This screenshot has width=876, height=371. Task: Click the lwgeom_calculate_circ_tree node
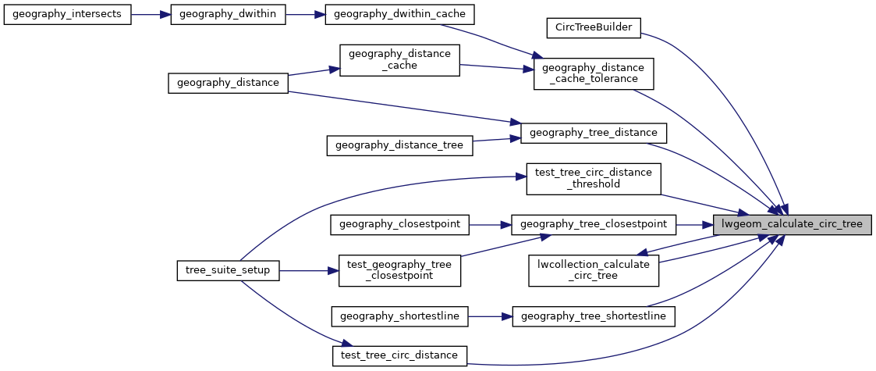(x=793, y=224)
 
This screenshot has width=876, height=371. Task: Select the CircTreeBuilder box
(x=593, y=27)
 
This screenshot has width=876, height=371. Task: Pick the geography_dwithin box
(x=226, y=16)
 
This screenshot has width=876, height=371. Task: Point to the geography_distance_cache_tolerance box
(x=593, y=73)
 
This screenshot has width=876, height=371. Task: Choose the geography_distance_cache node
(x=399, y=59)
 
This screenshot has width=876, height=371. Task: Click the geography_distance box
(x=229, y=82)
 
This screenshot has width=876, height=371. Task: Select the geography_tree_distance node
(x=593, y=133)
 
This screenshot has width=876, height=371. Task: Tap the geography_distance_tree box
(x=399, y=144)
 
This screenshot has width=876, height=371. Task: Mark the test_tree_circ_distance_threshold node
(x=593, y=178)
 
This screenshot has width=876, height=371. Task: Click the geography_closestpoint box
(x=399, y=224)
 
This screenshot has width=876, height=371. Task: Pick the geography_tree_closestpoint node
(x=593, y=224)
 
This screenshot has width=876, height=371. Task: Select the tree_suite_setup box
(x=227, y=270)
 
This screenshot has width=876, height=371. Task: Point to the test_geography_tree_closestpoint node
(x=399, y=270)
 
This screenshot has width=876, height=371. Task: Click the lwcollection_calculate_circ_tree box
(x=593, y=269)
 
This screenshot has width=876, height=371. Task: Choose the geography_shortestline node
(x=399, y=316)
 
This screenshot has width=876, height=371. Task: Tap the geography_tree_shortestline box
(x=593, y=316)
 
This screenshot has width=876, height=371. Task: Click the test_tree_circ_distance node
(x=399, y=355)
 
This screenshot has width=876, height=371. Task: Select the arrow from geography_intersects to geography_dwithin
(x=151, y=16)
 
